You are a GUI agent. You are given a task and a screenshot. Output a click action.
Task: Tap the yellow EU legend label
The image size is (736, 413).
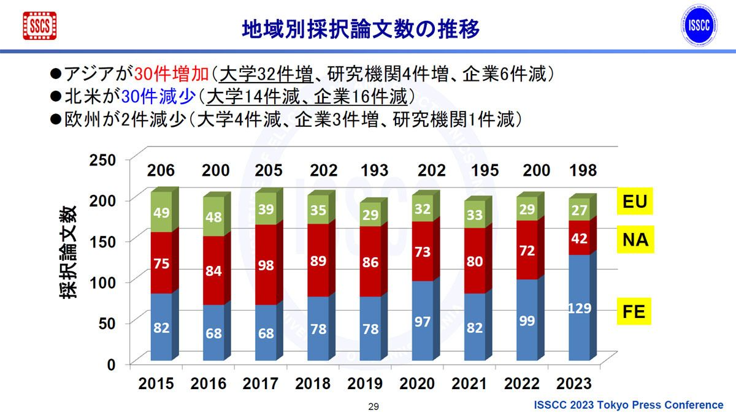tap(635, 202)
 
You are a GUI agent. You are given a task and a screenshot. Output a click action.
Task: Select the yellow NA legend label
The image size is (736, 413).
tap(635, 240)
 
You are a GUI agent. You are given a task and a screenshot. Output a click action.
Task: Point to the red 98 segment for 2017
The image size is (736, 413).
tap(266, 265)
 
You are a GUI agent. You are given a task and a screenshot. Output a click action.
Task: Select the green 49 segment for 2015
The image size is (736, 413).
tap(161, 212)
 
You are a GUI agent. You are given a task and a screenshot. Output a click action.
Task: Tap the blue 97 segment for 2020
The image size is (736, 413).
tap(423, 320)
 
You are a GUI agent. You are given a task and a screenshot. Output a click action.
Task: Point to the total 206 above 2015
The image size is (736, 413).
tap(161, 170)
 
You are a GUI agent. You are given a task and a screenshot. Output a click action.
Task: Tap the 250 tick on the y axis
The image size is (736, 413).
tap(102, 160)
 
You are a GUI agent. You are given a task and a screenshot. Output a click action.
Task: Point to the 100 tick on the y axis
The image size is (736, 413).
tap(102, 282)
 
